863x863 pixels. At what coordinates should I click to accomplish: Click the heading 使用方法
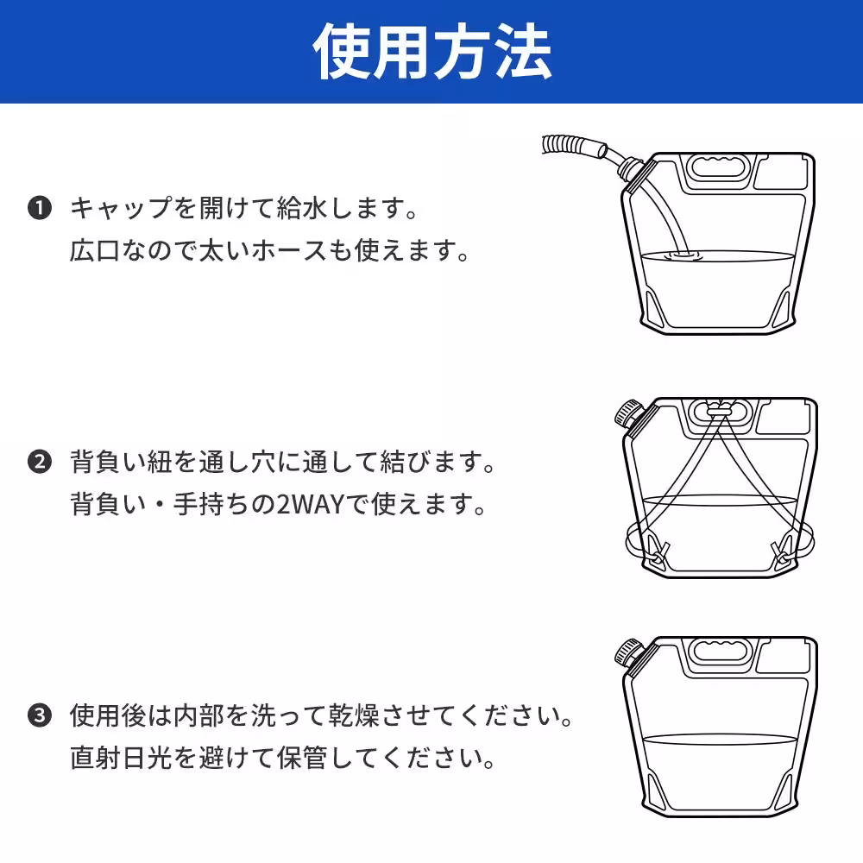(431, 52)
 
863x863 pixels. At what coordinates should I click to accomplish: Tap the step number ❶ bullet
(39, 208)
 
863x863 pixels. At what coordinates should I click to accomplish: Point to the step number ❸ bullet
(39, 715)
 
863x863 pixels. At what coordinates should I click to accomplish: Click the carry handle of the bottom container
(718, 651)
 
